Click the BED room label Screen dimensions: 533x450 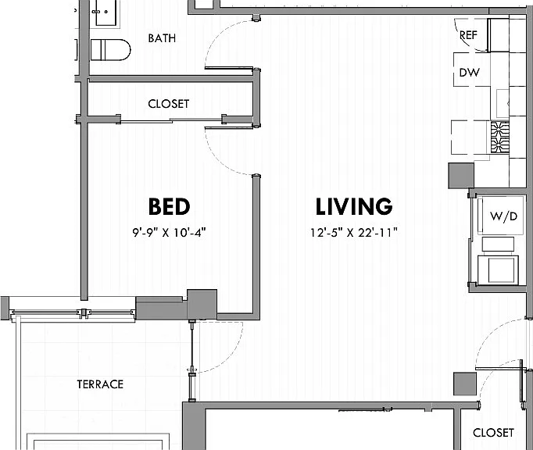(x=169, y=206)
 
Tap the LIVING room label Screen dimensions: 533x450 (x=354, y=206)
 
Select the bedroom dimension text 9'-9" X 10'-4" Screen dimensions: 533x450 (x=170, y=233)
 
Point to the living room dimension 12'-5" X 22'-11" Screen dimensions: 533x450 (x=354, y=233)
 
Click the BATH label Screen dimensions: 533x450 (x=162, y=38)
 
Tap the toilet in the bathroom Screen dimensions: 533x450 (x=110, y=50)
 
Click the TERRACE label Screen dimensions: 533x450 (x=100, y=384)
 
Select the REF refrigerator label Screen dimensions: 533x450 (x=468, y=35)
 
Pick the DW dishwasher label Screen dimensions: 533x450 (x=469, y=73)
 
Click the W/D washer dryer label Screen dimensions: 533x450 (x=503, y=216)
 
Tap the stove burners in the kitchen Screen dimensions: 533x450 (x=500, y=138)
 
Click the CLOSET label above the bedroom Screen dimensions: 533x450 (x=168, y=104)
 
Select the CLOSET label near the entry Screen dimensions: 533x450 (x=493, y=433)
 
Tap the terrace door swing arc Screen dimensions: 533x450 (x=231, y=357)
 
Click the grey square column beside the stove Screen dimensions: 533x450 (x=461, y=175)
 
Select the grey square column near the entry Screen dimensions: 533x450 (x=465, y=384)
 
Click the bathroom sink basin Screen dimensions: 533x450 (x=108, y=12)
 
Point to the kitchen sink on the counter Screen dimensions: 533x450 (x=503, y=103)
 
